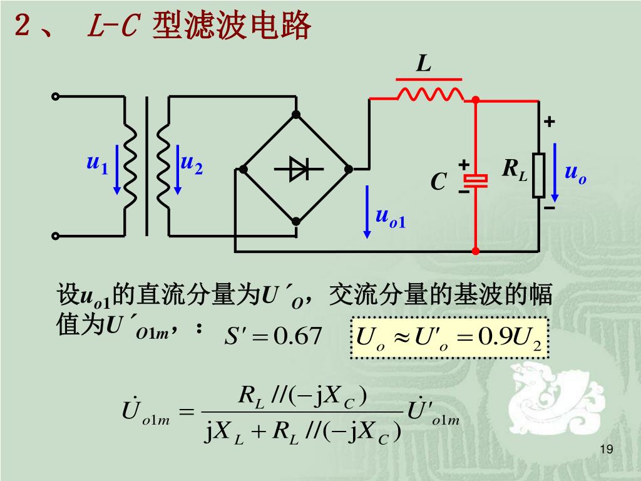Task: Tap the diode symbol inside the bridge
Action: coord(296,168)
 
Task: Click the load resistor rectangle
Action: coord(539,176)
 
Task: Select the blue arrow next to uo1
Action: coord(367,211)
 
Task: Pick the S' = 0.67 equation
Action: coord(273,336)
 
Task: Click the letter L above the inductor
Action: coord(424,65)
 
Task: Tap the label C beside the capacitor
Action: coord(438,182)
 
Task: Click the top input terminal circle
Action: coord(56,96)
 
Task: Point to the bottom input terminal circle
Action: coord(56,236)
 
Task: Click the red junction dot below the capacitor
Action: coord(476,251)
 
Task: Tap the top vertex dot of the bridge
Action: coord(296,115)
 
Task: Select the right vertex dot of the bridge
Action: coord(349,168)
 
